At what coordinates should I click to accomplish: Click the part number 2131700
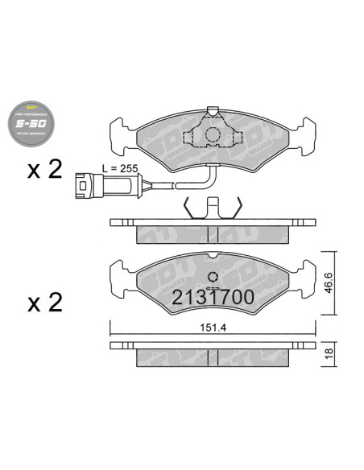(213, 298)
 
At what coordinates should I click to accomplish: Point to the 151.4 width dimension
(211, 328)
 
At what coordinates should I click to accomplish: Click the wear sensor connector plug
(87, 184)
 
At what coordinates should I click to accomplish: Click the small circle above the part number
(213, 277)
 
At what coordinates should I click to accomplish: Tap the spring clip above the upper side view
(212, 208)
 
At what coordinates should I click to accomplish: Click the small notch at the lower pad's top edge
(213, 257)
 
